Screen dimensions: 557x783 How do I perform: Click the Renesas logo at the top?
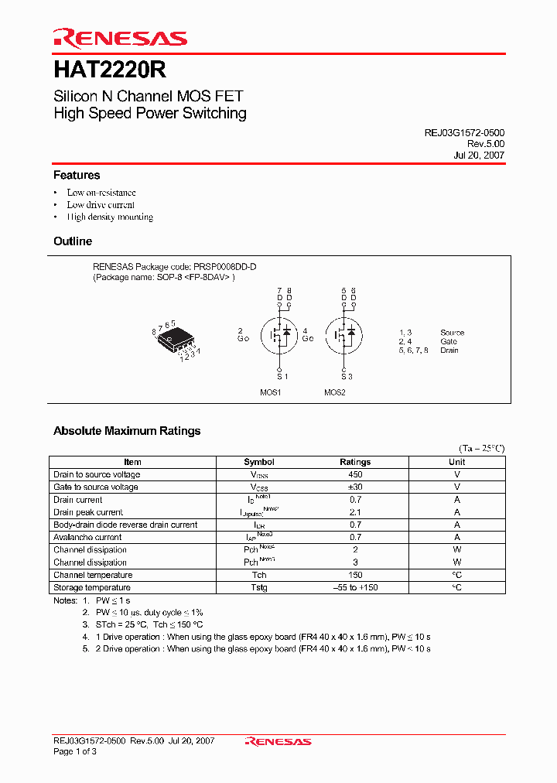pos(120,39)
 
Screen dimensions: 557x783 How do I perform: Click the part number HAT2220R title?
pos(109,70)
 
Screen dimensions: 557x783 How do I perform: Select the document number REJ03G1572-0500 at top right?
pos(464,133)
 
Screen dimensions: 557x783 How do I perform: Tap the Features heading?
pos(77,176)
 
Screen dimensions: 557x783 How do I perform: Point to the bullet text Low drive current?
pos(101,205)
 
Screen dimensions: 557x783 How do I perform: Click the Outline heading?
pos(73,241)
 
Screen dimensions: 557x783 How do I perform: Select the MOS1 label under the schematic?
pos(270,392)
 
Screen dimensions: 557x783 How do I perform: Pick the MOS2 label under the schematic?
pos(335,392)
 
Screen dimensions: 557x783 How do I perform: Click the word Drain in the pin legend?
pos(449,350)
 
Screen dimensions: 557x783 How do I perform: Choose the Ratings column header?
pos(355,462)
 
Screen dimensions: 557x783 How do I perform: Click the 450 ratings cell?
pos(355,474)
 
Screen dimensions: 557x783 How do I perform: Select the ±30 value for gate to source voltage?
pos(355,487)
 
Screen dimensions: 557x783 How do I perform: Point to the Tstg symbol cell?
pos(259,587)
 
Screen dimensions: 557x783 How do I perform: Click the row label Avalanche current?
pos(87,537)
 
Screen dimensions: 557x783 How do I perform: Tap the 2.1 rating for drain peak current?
pos(355,512)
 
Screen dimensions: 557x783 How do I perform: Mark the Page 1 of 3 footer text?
pos(75,752)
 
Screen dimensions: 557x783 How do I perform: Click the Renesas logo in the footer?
pos(278,741)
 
